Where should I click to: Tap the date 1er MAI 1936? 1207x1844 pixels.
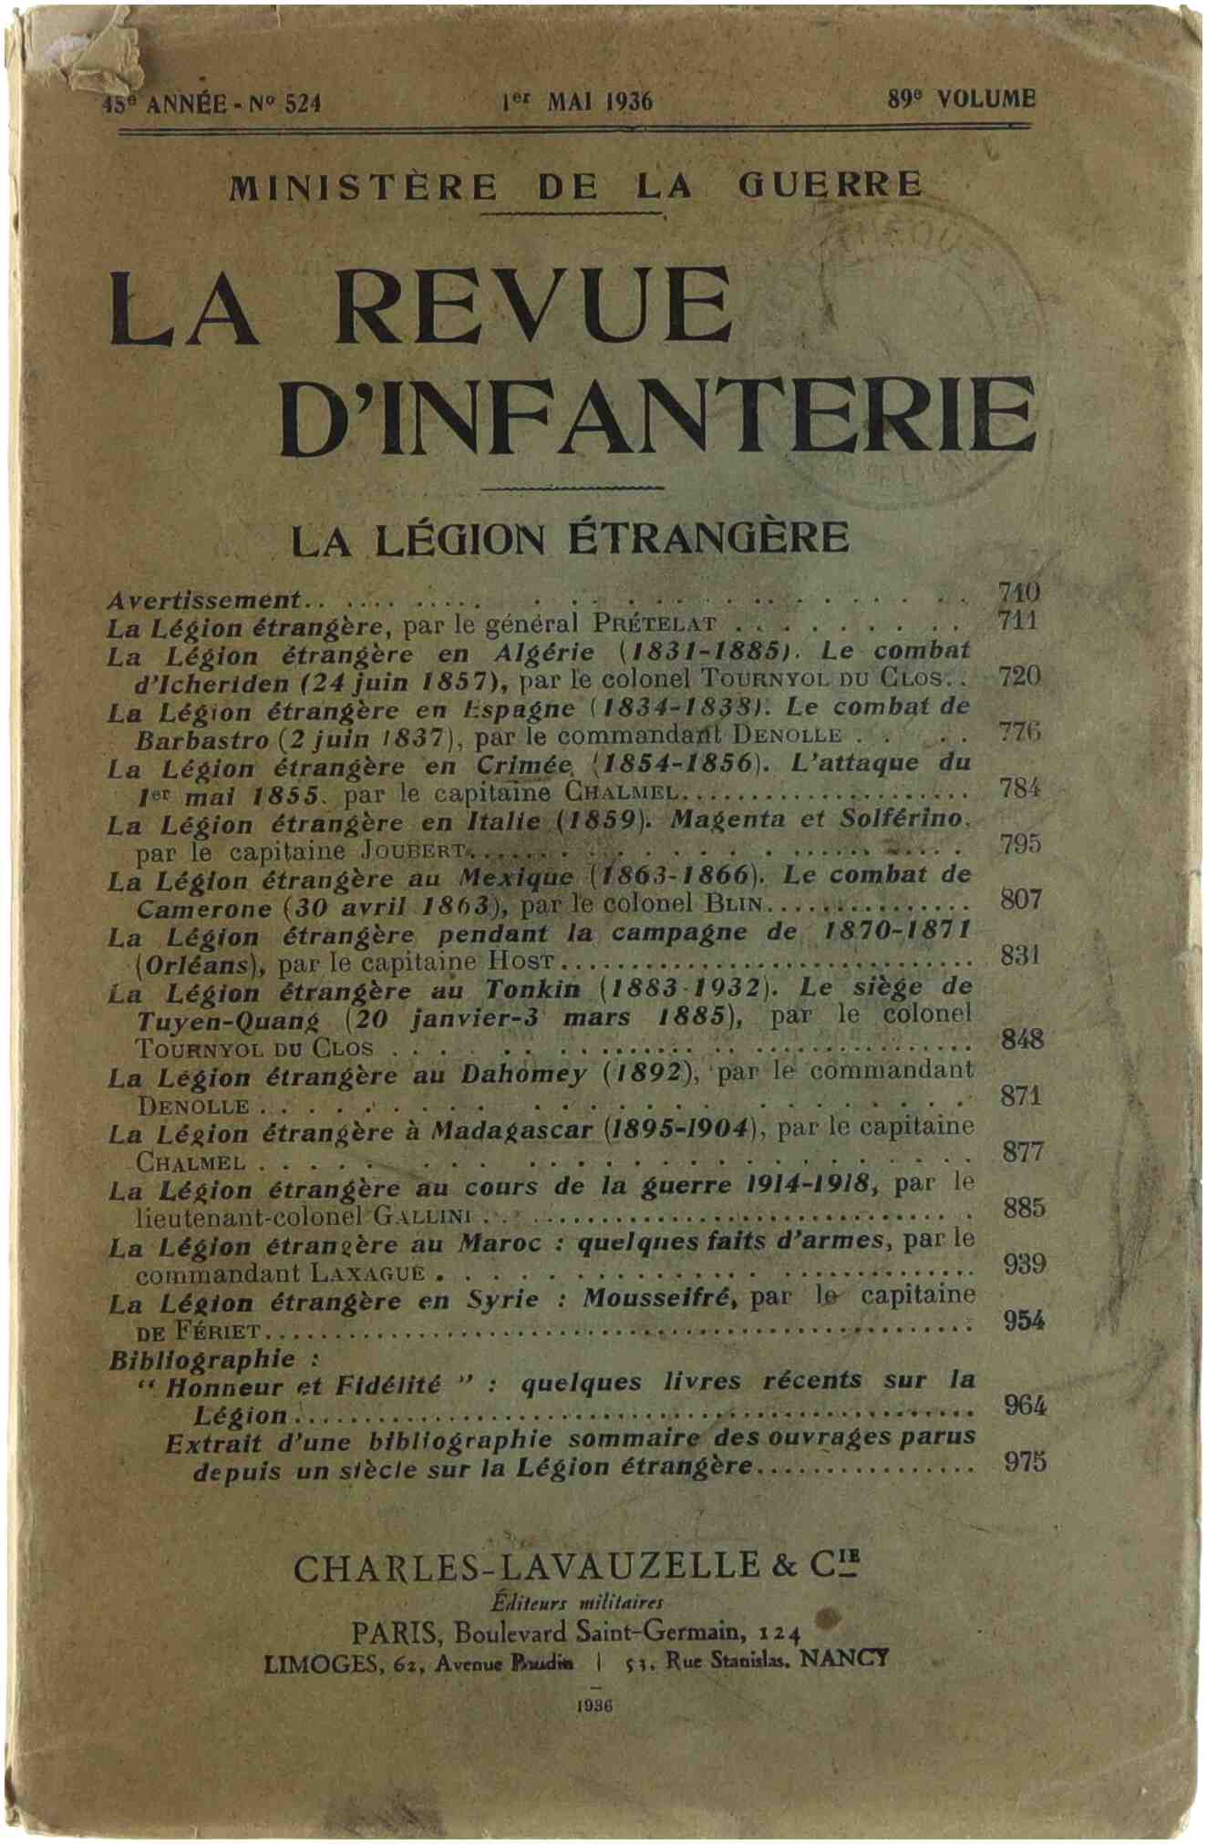pyautogui.click(x=577, y=101)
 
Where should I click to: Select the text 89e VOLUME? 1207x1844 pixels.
pyautogui.click(x=961, y=98)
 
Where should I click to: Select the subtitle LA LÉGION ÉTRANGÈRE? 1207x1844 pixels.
pyautogui.click(x=570, y=539)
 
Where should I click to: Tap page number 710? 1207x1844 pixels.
pyautogui.click(x=1018, y=592)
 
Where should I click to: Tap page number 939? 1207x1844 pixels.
pyautogui.click(x=1024, y=1263)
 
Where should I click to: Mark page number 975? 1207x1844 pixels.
pyautogui.click(x=1024, y=1462)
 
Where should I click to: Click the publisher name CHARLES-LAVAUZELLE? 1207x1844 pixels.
pyautogui.click(x=526, y=1566)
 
